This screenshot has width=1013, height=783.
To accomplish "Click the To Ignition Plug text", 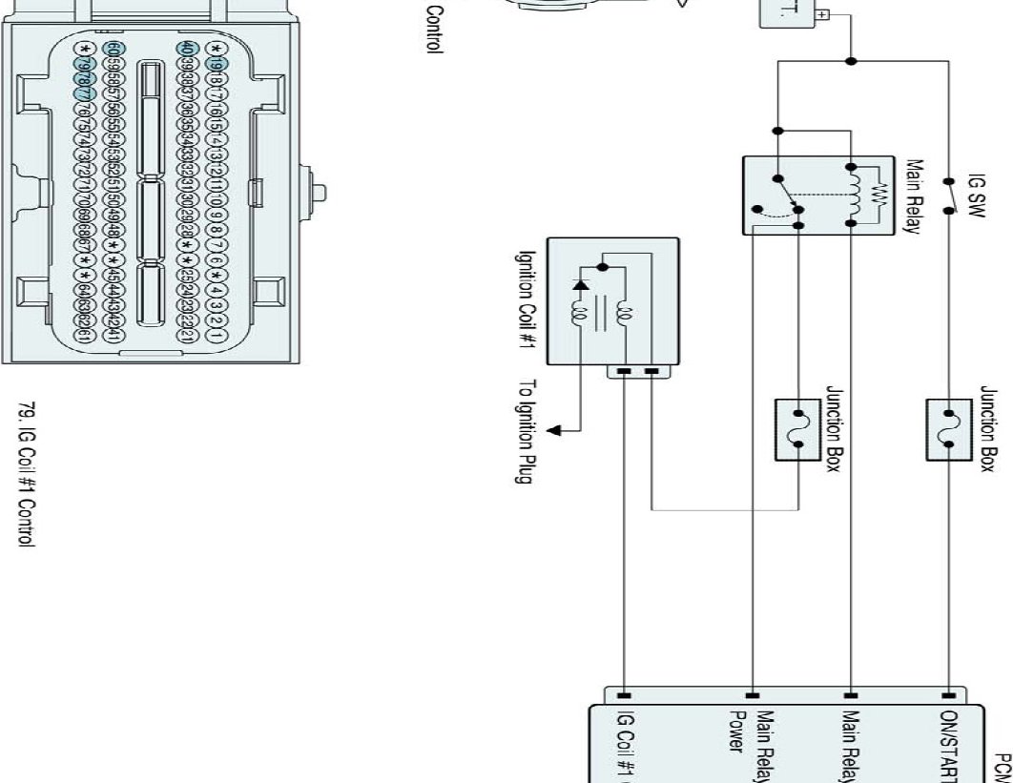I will click(x=527, y=432).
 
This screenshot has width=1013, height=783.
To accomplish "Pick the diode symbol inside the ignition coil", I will click(x=578, y=283).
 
